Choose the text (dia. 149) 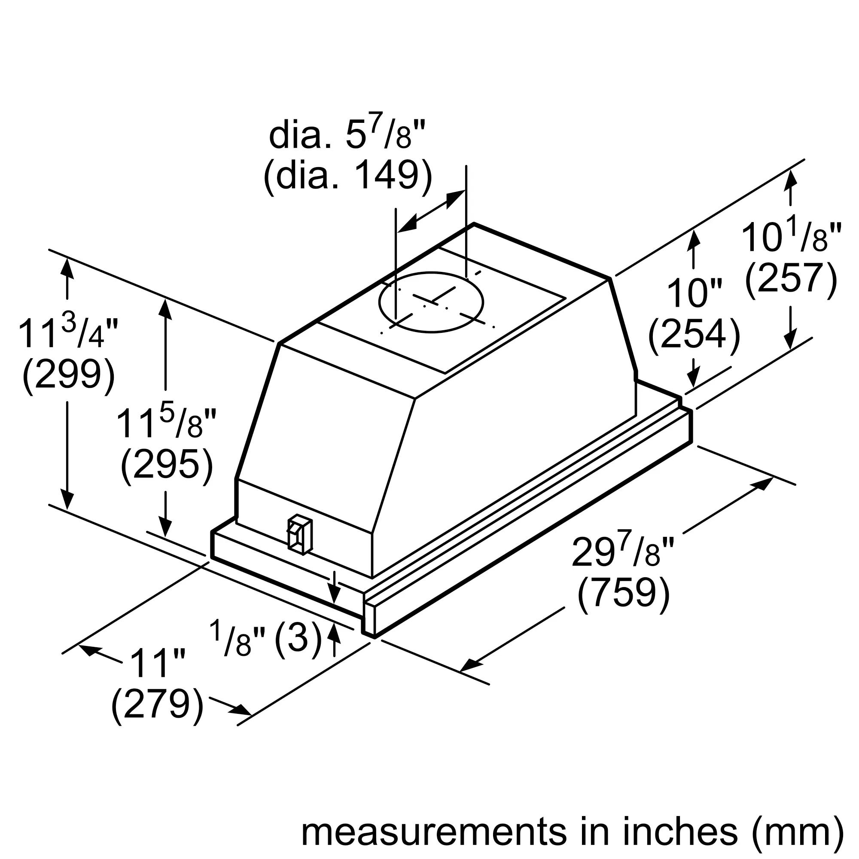click(348, 176)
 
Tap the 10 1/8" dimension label click(791, 237)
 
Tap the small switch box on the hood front click(300, 534)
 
